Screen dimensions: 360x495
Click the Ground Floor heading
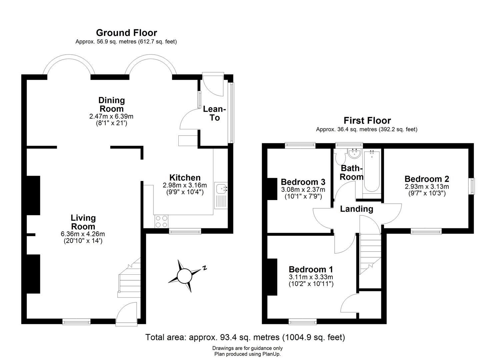point(126,33)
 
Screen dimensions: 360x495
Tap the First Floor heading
point(367,120)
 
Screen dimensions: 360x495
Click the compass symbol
point(184,276)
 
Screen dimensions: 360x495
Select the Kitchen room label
point(185,178)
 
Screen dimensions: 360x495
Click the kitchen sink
point(221,189)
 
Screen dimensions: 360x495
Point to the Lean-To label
point(215,113)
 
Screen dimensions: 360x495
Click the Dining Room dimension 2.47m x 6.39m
point(111,116)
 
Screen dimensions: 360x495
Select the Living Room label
point(83,222)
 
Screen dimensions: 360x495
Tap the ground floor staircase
point(130,278)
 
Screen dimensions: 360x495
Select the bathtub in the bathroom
point(370,171)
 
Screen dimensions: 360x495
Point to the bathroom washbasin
point(354,154)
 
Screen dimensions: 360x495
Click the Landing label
point(356,209)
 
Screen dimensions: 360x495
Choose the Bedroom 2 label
point(427,179)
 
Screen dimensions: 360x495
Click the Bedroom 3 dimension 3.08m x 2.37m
point(303,190)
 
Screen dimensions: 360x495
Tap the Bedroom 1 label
point(311,269)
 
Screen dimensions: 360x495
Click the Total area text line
point(245,337)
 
